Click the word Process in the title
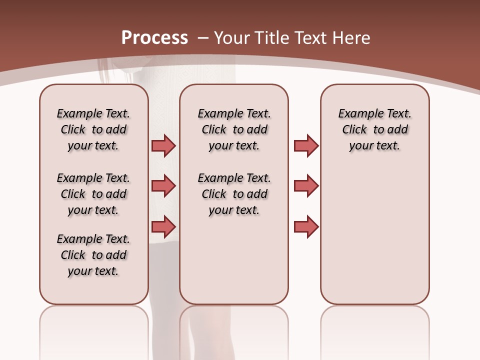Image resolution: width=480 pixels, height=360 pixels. point(154,37)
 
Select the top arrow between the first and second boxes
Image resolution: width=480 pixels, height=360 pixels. point(163,145)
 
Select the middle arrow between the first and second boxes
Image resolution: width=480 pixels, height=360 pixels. point(163,186)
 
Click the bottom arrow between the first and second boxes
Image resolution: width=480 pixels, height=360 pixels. point(163,227)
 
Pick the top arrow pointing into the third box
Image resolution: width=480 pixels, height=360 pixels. point(306,145)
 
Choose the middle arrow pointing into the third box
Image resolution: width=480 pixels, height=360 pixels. point(306,186)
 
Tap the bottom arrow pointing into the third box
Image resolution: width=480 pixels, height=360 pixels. point(306,227)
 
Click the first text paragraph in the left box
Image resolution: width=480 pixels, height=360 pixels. point(93,129)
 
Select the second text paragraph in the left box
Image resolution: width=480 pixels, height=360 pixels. point(93,194)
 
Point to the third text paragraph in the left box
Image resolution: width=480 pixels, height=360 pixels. point(93,255)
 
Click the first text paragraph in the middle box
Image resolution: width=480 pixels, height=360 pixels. point(234,129)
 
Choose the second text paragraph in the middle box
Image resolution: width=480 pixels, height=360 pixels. point(234,194)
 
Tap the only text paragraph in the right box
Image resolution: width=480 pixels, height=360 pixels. point(374,129)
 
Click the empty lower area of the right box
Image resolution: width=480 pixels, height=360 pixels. point(374,235)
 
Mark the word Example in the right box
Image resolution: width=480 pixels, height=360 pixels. point(357,114)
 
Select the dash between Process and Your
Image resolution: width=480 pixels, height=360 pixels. point(203,38)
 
